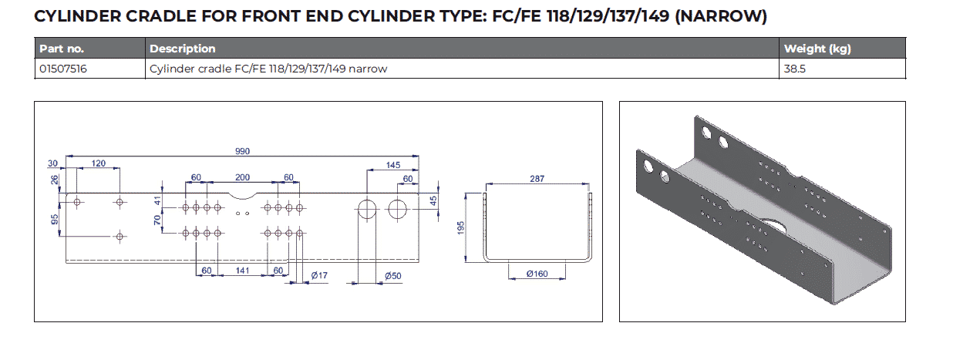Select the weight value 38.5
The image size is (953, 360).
(x=795, y=69)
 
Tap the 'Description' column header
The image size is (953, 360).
(x=183, y=49)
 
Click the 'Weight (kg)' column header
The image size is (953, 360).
(x=817, y=49)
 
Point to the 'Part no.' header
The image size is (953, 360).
(x=61, y=49)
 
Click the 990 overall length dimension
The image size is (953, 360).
(x=242, y=151)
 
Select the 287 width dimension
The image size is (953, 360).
(x=537, y=178)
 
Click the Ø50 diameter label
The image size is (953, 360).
(x=394, y=275)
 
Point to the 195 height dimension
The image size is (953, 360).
(x=460, y=227)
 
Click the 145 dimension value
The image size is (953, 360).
(x=393, y=165)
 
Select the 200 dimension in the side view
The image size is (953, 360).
(x=242, y=177)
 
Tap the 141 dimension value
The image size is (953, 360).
(x=242, y=271)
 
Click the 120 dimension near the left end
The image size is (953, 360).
(x=99, y=164)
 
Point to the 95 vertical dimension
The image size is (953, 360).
(x=56, y=219)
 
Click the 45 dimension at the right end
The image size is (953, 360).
(x=433, y=200)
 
